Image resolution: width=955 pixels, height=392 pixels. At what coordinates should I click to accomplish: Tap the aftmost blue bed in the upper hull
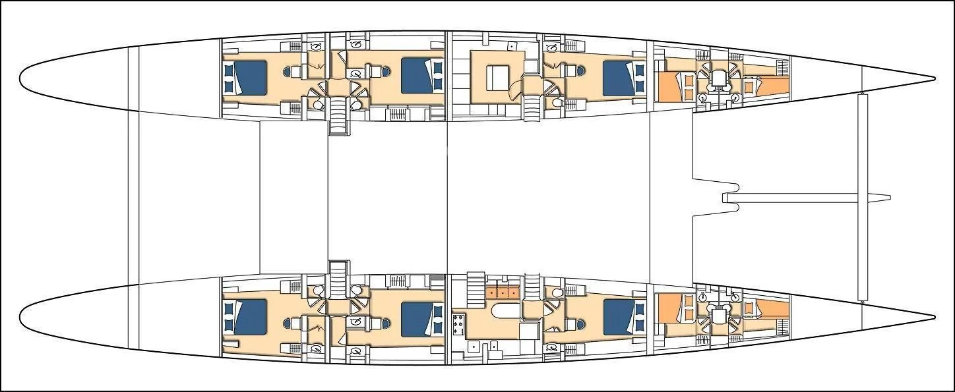coord(244,78)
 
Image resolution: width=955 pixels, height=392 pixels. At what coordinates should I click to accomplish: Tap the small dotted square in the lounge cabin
coord(512,47)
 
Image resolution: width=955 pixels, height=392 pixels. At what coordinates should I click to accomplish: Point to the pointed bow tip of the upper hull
coord(934,78)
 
